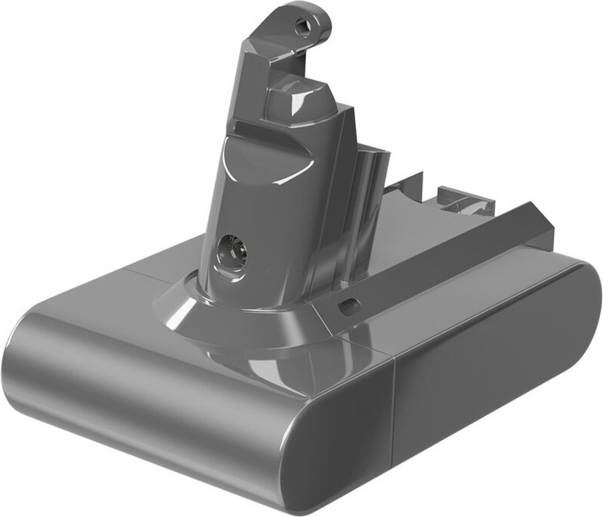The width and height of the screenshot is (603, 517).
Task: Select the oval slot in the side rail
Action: (349, 305)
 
